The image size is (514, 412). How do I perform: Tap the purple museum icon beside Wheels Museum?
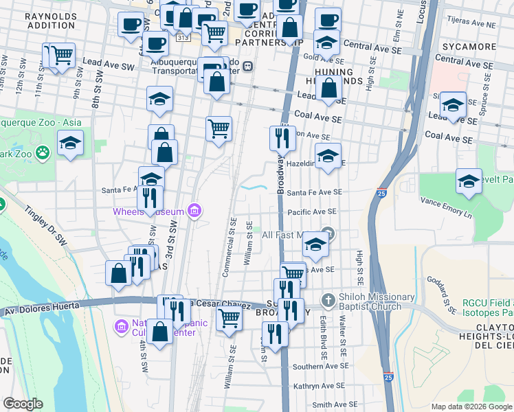194,210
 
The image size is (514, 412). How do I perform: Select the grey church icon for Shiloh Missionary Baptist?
328,301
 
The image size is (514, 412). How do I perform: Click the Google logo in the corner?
23,404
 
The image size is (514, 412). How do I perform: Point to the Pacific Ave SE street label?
312,212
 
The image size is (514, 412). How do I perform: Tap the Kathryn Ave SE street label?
316,387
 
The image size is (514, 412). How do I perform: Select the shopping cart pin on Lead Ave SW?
63,54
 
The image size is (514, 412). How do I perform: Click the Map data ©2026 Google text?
471,407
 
